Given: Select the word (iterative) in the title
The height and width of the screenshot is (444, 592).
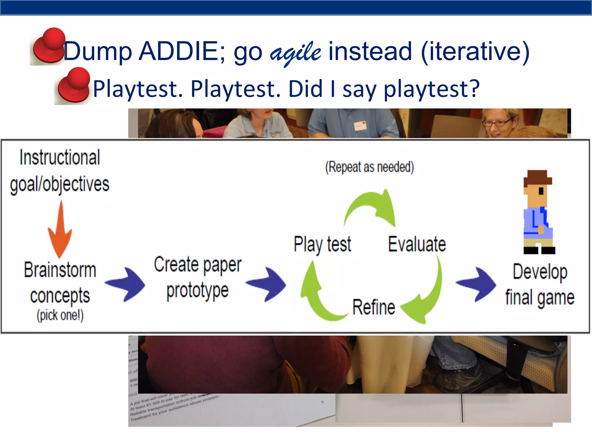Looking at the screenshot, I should (475, 51).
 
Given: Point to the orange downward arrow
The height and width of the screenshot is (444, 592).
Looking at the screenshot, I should (60, 231).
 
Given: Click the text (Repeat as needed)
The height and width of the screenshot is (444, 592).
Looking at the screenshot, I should (369, 167).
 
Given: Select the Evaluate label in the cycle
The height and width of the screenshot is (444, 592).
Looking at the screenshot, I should (417, 244).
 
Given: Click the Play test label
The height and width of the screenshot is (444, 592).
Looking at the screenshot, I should (322, 244).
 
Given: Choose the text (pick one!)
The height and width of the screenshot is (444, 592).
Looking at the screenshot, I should (60, 315).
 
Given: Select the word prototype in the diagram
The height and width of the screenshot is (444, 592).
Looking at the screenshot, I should (197, 291).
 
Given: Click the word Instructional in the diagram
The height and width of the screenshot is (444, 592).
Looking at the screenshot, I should (60, 158).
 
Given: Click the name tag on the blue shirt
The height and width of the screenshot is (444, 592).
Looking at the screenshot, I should (360, 126).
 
